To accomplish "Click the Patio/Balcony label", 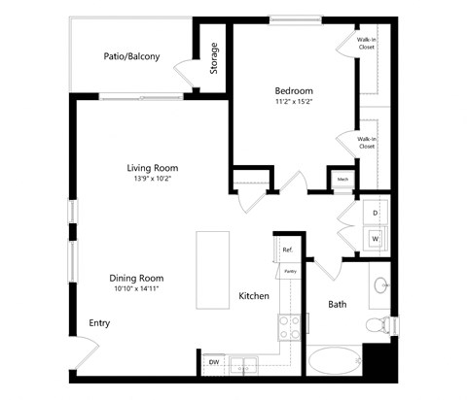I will (x=131, y=56).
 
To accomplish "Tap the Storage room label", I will (x=214, y=60).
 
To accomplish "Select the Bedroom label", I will (x=294, y=90).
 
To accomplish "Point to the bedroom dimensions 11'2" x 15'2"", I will (x=294, y=101).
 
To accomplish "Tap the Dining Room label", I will (x=135, y=278).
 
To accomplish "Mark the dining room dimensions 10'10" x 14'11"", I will (x=135, y=288).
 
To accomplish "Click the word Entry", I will (x=99, y=323).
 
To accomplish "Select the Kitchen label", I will (x=254, y=296).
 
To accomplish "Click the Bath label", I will (x=337, y=304).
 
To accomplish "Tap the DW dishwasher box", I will (x=214, y=363).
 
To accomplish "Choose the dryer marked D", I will (x=376, y=212).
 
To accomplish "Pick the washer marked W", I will (x=376, y=237).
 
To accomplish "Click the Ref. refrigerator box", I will (x=287, y=250).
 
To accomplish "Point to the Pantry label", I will (x=289, y=272).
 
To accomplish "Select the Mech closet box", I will (x=342, y=180).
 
